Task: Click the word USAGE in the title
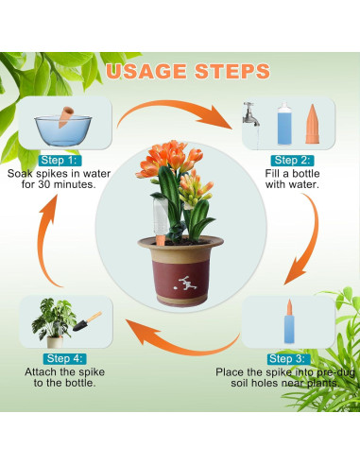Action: [146, 71]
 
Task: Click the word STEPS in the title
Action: [232, 71]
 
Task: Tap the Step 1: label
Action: [59, 161]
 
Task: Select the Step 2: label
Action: [292, 161]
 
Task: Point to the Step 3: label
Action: [286, 359]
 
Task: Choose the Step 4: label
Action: [65, 358]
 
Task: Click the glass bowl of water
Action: [63, 130]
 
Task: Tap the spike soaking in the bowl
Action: [65, 116]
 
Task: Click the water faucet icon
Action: [251, 114]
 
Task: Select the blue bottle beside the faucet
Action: [284, 124]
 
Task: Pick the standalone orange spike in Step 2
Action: [312, 124]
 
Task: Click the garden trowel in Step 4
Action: [87, 321]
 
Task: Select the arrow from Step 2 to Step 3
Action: [307, 239]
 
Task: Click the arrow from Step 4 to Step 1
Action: [44, 243]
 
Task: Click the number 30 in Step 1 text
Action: [43, 184]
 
